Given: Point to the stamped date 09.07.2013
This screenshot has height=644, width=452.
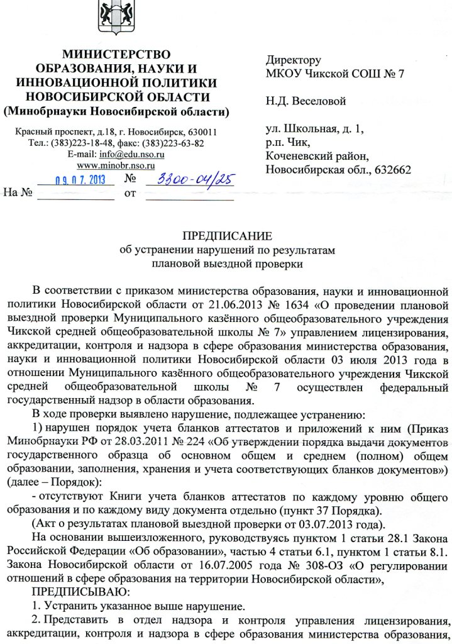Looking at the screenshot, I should [x=79, y=179].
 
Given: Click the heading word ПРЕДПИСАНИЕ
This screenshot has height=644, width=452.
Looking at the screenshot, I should [x=227, y=236].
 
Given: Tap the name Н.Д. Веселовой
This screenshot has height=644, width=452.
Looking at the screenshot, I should [x=306, y=101].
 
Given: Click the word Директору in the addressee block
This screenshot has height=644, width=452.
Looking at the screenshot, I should [x=294, y=60].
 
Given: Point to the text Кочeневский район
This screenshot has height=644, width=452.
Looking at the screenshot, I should [x=317, y=156].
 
